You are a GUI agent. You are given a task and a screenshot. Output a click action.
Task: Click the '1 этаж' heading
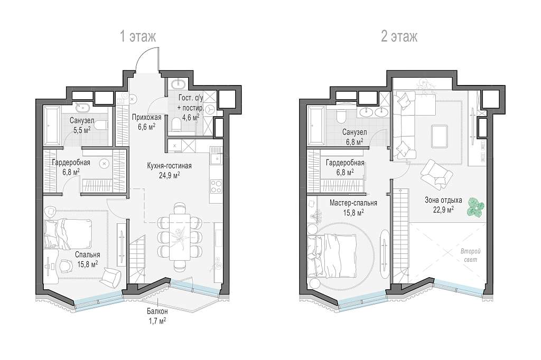click(138, 36)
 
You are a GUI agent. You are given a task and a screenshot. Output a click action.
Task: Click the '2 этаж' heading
click(399, 36)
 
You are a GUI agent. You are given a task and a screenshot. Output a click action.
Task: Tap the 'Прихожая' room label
click(146, 118)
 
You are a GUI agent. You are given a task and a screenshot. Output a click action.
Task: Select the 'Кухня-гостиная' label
click(169, 166)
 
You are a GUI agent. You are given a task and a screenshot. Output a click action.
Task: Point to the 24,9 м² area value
click(169, 175)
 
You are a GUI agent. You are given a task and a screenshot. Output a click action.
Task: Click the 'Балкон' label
click(157, 311)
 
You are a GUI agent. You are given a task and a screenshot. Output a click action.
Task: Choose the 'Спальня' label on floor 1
click(87, 254)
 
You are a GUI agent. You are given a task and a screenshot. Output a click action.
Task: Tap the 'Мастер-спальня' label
click(353, 203)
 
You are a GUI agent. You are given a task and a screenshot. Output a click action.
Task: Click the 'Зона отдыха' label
click(443, 200)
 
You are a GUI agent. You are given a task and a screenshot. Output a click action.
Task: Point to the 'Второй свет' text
click(470, 255)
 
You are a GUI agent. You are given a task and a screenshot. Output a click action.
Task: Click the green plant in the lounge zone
click(475, 207)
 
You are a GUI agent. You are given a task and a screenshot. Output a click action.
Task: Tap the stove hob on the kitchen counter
click(216, 186)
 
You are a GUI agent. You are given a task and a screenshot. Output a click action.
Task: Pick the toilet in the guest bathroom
click(175, 124)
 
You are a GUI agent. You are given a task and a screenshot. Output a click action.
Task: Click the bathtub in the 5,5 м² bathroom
click(52, 126)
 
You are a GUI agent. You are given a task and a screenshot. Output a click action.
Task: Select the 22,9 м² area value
click(443, 209)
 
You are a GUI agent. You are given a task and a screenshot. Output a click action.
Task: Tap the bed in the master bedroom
click(332, 255)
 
